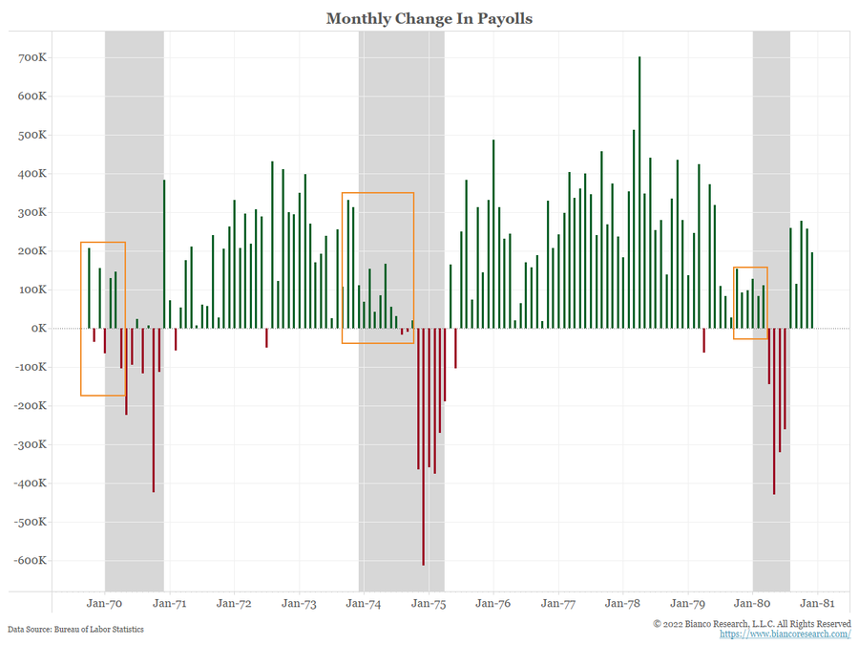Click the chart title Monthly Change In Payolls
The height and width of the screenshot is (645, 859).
tap(429, 19)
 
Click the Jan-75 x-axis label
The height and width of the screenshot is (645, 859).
tap(428, 604)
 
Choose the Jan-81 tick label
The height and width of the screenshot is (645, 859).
tap(817, 604)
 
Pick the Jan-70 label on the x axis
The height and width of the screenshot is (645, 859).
tap(104, 604)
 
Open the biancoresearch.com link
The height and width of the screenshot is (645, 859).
tap(785, 634)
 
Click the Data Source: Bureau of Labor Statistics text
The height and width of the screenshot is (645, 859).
tap(76, 629)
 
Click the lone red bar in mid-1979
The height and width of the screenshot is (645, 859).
tap(704, 340)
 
